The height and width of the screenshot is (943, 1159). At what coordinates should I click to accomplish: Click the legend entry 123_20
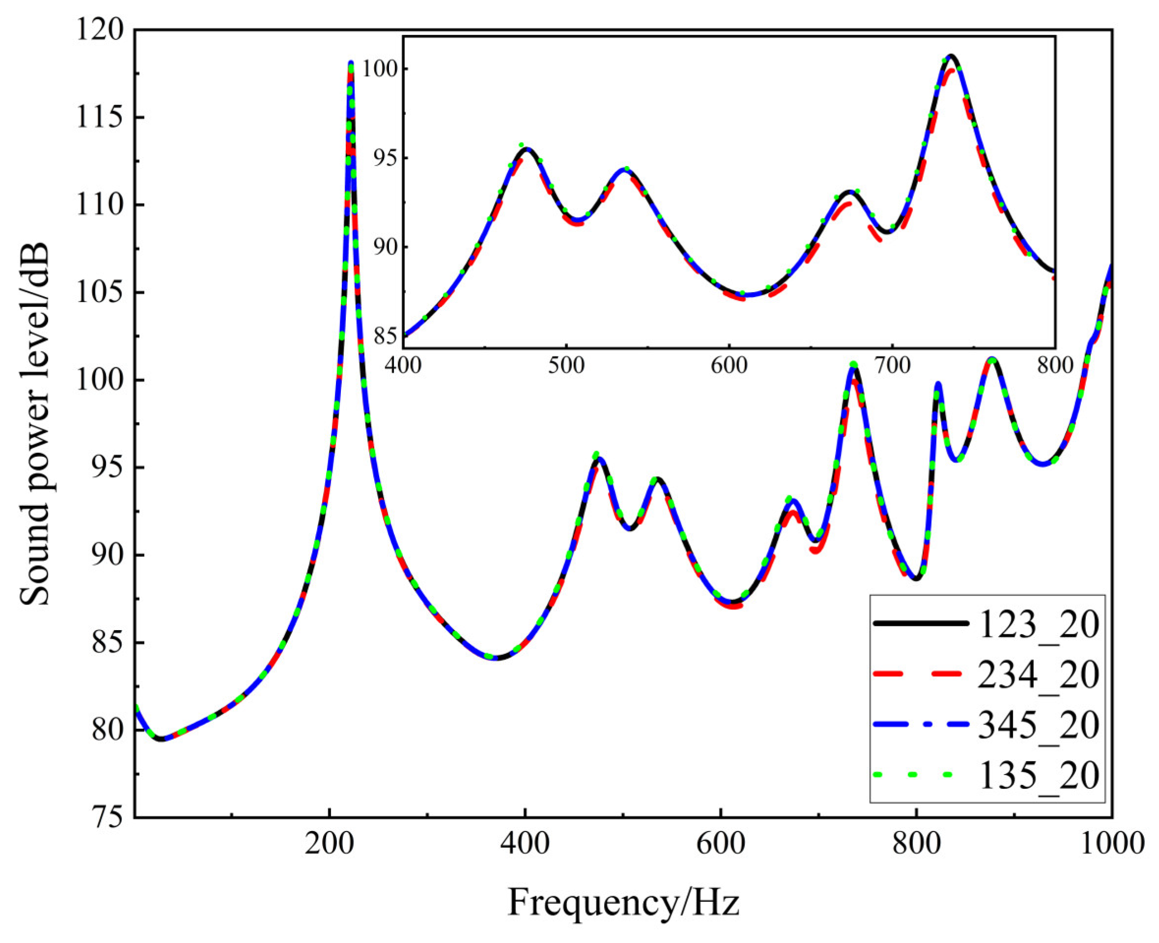[1038, 625]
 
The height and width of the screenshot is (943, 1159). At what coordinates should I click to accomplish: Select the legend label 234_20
[1038, 675]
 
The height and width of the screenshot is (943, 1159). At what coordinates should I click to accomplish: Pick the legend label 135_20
[1038, 775]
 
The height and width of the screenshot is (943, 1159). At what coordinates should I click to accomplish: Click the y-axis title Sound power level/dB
[35, 424]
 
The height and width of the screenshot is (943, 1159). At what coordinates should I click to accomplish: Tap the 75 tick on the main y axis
[106, 818]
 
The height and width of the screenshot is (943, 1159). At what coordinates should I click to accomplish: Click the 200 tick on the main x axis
[329, 845]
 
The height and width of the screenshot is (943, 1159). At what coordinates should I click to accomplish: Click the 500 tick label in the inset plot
[566, 365]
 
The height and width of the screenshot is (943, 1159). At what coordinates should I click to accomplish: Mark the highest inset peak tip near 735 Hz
[950, 55]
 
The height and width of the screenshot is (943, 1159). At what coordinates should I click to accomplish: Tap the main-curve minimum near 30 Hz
[161, 739]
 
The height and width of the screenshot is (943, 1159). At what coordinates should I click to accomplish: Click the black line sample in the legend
[922, 624]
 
